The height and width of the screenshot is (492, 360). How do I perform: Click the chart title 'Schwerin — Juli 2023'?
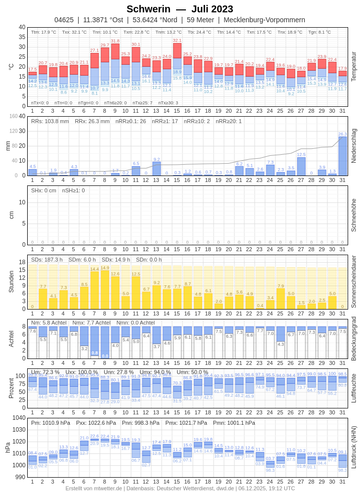click(x=180, y=9)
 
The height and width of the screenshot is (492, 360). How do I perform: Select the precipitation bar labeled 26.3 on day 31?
click(x=342, y=156)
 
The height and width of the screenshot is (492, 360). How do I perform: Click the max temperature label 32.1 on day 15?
click(x=177, y=41)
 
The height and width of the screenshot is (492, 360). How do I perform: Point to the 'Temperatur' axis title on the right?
click(x=354, y=67)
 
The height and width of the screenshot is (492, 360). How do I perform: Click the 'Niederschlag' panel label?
click(x=354, y=146)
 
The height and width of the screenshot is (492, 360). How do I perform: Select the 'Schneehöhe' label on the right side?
click(x=354, y=215)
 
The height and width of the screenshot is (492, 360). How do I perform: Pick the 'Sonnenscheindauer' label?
click(x=354, y=281)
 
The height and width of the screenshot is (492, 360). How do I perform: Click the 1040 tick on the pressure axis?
click(x=19, y=418)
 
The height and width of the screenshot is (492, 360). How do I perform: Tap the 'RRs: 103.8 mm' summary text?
click(x=50, y=121)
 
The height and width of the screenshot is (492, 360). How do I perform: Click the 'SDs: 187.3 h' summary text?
click(x=47, y=260)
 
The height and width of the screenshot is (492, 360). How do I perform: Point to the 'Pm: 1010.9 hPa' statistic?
click(x=50, y=423)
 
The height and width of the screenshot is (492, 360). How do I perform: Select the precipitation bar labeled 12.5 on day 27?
click(x=301, y=166)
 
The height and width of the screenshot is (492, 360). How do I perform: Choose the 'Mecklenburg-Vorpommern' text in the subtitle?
click(x=264, y=20)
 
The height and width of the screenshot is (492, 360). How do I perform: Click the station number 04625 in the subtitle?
click(x=64, y=20)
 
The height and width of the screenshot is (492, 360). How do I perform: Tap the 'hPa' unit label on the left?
click(x=7, y=447)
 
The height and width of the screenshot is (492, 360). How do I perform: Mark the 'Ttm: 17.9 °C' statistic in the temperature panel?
click(x=44, y=32)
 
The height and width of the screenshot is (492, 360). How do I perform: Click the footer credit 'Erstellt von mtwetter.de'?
click(x=94, y=488)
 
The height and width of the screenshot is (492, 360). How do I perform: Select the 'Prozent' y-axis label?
click(x=11, y=388)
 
